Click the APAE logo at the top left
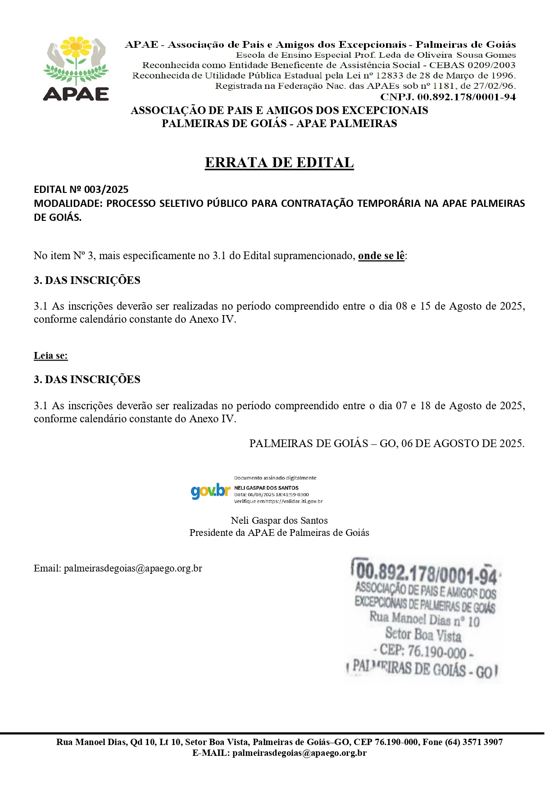pos(76,69)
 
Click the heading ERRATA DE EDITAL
pos(279,162)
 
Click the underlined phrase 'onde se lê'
pos(381,256)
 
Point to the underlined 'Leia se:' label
pos(51,356)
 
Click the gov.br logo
pos(210,491)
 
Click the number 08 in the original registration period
pos(401,306)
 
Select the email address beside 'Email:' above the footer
pos(133,568)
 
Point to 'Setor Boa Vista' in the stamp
pos(423,635)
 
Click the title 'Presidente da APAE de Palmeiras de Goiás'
pos(279,533)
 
